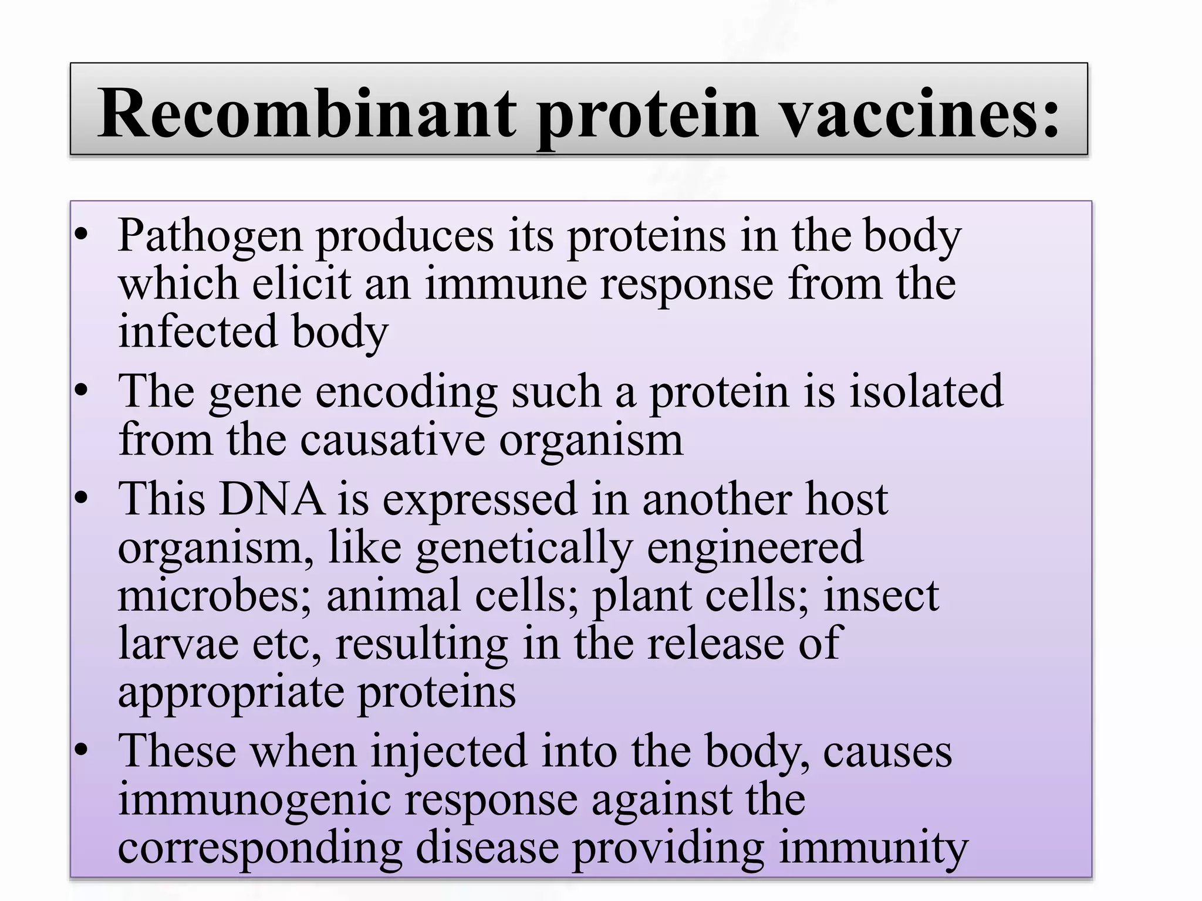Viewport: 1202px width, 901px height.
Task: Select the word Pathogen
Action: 210,237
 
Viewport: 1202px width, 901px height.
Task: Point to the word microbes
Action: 215,595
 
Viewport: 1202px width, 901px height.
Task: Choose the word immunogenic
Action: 254,801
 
